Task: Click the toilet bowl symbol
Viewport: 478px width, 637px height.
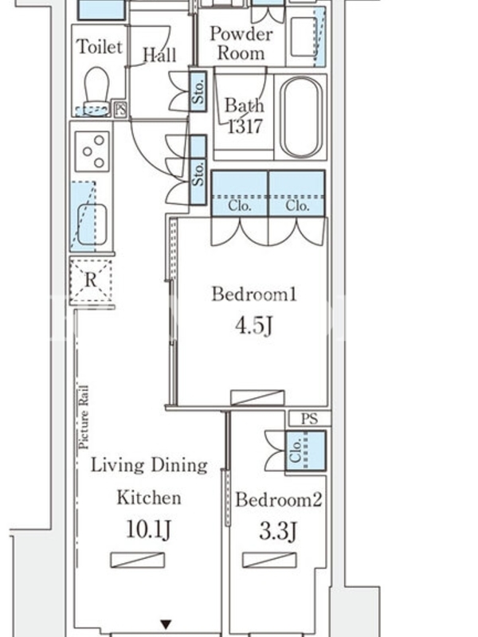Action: pyautogui.click(x=96, y=90)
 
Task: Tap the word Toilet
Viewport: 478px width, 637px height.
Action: pyautogui.click(x=100, y=46)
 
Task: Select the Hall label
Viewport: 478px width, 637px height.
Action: pyautogui.click(x=160, y=54)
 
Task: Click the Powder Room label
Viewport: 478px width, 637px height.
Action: pyautogui.click(x=241, y=43)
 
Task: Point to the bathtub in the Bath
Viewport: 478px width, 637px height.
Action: pyautogui.click(x=301, y=117)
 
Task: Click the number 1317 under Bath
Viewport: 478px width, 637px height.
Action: pyautogui.click(x=245, y=126)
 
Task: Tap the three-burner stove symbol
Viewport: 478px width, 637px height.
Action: pyautogui.click(x=92, y=151)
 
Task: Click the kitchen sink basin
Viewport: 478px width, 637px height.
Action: pyautogui.click(x=92, y=225)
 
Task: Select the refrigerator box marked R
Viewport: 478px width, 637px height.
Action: pyautogui.click(x=91, y=280)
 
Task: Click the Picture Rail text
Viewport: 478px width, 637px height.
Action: pyautogui.click(x=84, y=416)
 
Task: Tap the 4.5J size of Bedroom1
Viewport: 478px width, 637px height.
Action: pyautogui.click(x=253, y=326)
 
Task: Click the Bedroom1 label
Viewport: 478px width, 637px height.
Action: pyautogui.click(x=254, y=294)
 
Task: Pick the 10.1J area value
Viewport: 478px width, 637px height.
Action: pyautogui.click(x=148, y=530)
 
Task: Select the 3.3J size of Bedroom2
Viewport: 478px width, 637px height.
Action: pyautogui.click(x=278, y=531)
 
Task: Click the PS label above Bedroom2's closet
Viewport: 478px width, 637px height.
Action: pyautogui.click(x=310, y=419)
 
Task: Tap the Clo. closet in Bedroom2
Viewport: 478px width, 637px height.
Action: pyautogui.click(x=306, y=451)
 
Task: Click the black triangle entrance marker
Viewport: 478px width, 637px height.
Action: pyautogui.click(x=166, y=624)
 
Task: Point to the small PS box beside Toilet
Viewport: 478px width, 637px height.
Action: pyautogui.click(x=120, y=109)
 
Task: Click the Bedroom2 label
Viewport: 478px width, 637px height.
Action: pyautogui.click(x=279, y=500)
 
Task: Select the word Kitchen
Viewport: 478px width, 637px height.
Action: pyautogui.click(x=149, y=497)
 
